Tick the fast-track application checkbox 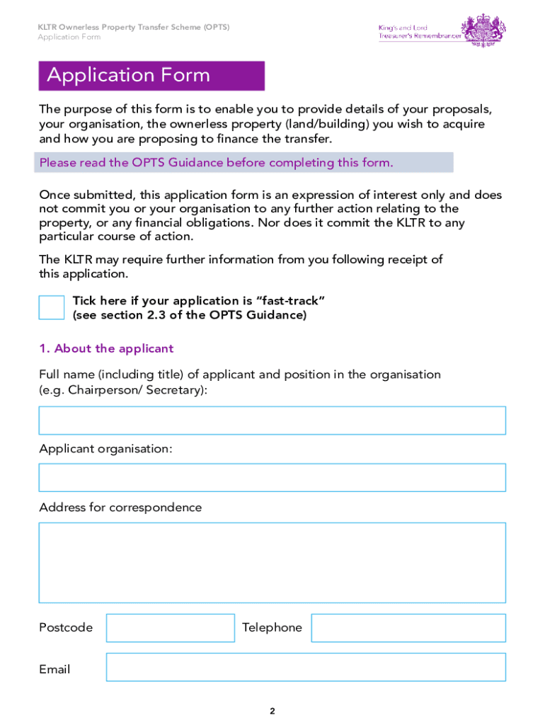coord(52,308)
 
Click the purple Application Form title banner coord(151,76)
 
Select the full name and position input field coord(272,421)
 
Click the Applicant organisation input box coord(272,478)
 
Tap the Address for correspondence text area coord(272,563)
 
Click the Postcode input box coord(170,628)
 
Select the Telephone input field coord(408,628)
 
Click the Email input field coord(306,667)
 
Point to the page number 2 coord(272,712)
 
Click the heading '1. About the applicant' coord(106,348)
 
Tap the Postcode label coord(66,628)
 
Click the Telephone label coord(272,628)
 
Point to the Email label coord(54,669)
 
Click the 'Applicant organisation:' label coord(105,449)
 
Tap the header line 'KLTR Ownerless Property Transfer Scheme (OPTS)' coord(134,27)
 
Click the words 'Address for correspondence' coord(120,508)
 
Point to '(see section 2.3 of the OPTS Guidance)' coord(190,315)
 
